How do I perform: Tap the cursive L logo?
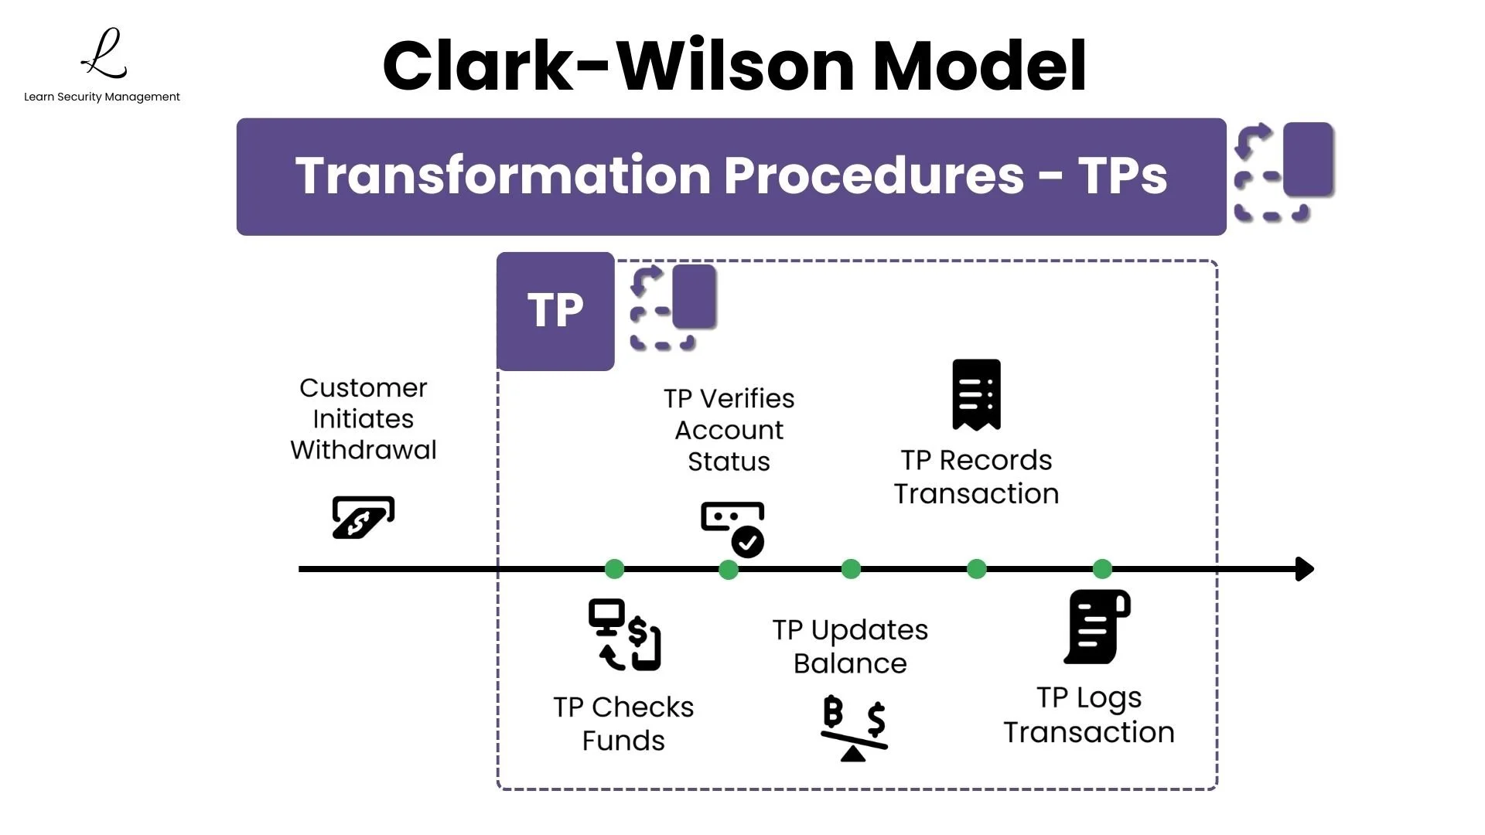click(x=104, y=54)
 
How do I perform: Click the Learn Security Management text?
click(x=101, y=97)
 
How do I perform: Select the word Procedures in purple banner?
click(x=874, y=176)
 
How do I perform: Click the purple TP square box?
click(x=555, y=311)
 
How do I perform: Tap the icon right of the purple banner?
click(x=1284, y=172)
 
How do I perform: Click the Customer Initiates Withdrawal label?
click(x=363, y=418)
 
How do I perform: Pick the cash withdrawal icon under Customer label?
click(x=363, y=517)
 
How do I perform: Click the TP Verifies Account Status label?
click(x=729, y=430)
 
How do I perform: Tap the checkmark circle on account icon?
click(x=748, y=542)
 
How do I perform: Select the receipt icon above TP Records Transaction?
click(x=976, y=394)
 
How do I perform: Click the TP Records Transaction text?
click(x=976, y=477)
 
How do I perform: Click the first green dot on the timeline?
click(x=614, y=569)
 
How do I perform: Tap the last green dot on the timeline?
click(x=1102, y=569)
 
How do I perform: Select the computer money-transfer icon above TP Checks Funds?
click(x=624, y=635)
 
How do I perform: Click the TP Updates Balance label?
click(x=850, y=646)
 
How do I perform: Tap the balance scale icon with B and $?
click(x=854, y=728)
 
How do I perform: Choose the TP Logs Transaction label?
click(x=1088, y=715)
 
